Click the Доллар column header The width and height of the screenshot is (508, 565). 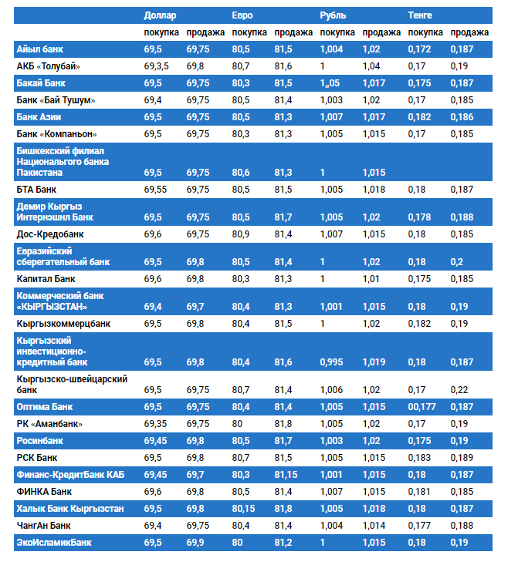tap(160, 15)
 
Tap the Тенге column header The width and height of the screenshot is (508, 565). tap(420, 15)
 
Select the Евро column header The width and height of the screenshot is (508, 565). tap(242, 15)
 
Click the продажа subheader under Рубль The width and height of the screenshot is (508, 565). tap(381, 32)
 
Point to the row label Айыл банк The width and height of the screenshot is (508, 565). tap(40, 49)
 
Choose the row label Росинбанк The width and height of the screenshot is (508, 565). tap(40, 441)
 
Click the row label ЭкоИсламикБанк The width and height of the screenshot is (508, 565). tap(54, 543)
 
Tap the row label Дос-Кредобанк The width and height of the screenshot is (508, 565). tap(50, 234)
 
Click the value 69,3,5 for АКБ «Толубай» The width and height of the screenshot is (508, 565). tap(157, 66)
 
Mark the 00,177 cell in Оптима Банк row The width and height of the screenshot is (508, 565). tap(423, 407)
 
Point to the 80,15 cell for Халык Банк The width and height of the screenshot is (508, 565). tap(246, 509)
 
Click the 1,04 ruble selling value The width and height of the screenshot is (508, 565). tap(371, 66)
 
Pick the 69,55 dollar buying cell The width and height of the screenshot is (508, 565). tap(155, 189)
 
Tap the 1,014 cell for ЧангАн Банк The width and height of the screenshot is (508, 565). tap(374, 526)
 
